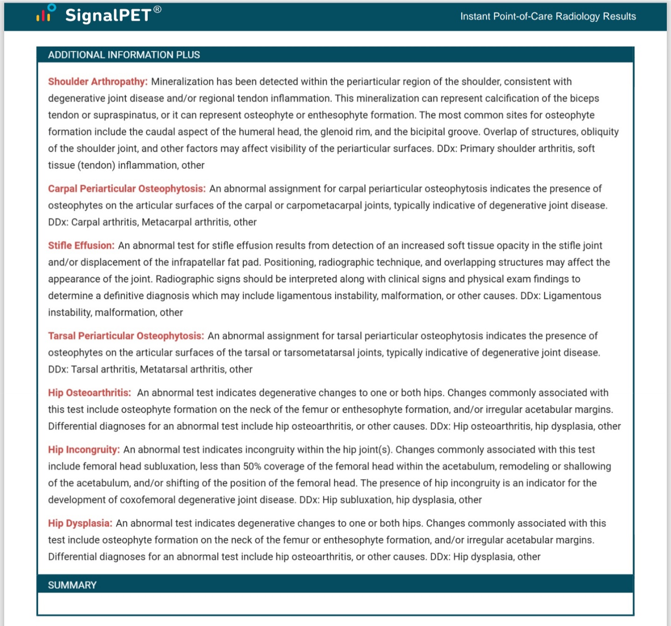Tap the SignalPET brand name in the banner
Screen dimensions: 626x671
point(108,15)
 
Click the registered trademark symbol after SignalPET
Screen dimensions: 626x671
point(157,9)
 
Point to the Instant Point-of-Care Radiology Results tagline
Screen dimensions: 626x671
point(548,16)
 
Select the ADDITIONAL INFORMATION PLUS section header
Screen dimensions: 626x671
point(124,55)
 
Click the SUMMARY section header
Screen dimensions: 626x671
point(72,585)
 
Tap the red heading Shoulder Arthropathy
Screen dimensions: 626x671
point(98,82)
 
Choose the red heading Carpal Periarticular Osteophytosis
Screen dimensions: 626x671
point(127,189)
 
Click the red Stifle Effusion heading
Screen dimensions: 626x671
point(81,246)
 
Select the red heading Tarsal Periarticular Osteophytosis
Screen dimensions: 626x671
point(126,336)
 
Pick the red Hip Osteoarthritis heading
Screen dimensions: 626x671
point(89,393)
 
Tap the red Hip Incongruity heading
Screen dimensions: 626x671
point(84,450)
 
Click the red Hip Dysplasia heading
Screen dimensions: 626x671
point(80,524)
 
